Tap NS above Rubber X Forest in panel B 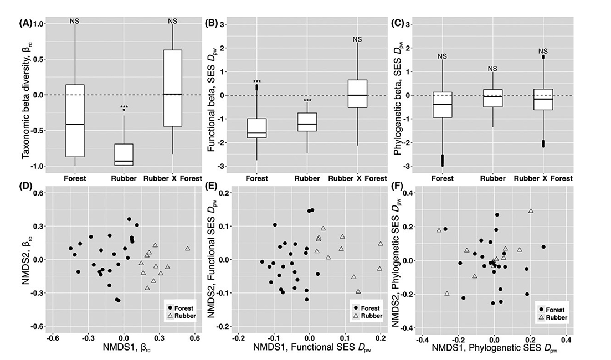357,39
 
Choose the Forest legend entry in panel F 553,310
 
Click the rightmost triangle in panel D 188,249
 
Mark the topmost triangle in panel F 531,211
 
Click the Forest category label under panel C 442,178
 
